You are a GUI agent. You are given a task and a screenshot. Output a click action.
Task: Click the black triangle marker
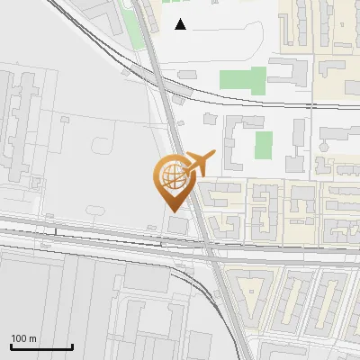181,24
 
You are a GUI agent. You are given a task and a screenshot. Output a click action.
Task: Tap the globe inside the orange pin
171,172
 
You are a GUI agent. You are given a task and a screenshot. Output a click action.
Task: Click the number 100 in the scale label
19,338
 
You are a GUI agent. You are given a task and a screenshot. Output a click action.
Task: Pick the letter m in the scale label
33,338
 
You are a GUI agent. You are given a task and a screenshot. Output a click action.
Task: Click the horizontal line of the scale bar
40,346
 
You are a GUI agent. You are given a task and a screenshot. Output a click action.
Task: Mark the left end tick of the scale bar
10,346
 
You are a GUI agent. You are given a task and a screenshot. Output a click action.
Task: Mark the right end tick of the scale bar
72,346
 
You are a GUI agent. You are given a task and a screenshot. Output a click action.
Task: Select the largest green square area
256,79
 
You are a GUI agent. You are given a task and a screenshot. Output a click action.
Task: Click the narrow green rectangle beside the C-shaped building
263,144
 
